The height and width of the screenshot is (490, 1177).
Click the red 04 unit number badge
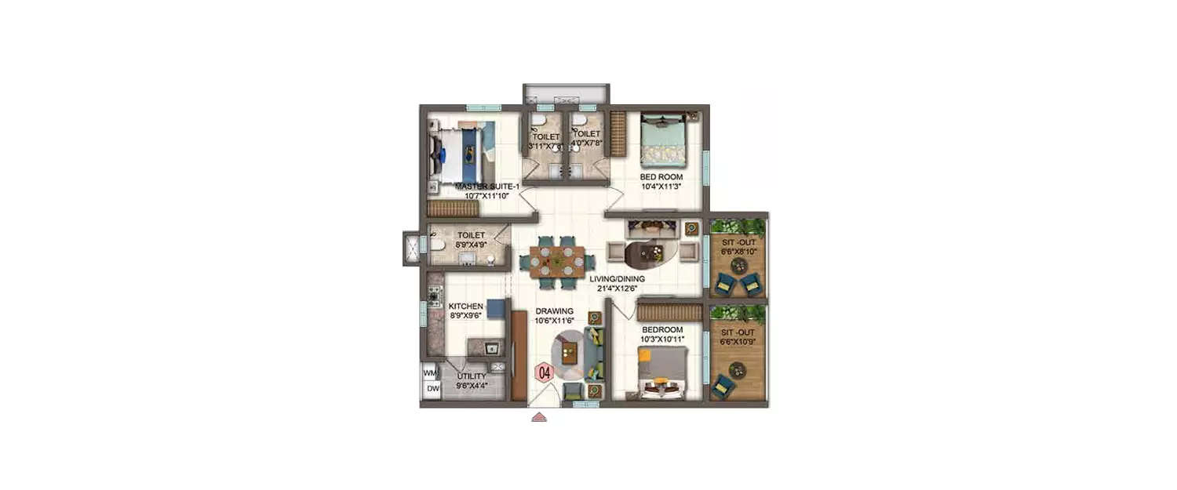545,372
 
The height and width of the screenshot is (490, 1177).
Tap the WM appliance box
430,372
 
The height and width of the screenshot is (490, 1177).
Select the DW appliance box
431,388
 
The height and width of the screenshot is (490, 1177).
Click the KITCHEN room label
465,306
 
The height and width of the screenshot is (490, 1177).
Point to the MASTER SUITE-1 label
487,187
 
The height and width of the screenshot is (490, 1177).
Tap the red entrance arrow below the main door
538,417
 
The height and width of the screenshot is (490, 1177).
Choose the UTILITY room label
472,376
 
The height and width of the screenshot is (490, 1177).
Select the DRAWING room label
555,311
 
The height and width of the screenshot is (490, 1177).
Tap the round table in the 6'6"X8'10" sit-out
739,265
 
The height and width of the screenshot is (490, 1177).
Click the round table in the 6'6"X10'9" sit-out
738,368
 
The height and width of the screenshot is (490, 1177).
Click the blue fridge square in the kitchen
495,309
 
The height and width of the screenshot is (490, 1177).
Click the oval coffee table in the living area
650,252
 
